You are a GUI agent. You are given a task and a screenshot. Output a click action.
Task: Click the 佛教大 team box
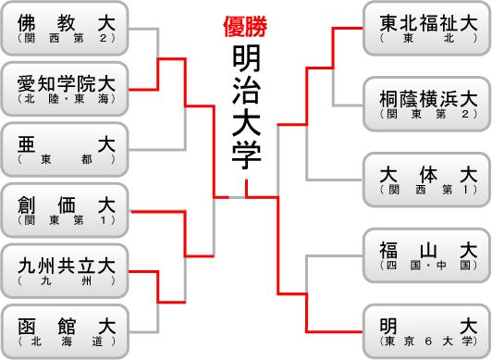(x=66, y=29)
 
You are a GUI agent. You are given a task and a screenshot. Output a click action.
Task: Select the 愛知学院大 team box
(x=66, y=89)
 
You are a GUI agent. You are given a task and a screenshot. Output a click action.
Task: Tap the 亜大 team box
(x=66, y=149)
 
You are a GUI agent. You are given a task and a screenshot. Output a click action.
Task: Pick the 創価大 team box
(x=66, y=209)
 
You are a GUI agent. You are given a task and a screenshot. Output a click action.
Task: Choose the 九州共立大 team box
(x=66, y=269)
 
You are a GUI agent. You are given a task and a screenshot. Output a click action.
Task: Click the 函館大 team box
(x=66, y=330)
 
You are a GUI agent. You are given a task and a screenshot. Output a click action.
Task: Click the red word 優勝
(x=245, y=27)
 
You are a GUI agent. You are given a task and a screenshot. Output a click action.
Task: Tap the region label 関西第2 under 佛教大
(x=66, y=39)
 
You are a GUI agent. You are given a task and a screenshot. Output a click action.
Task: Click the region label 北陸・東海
(x=66, y=99)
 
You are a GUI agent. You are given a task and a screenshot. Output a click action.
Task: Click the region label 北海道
(x=66, y=341)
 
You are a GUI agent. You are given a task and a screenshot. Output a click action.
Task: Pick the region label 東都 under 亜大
(x=66, y=159)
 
